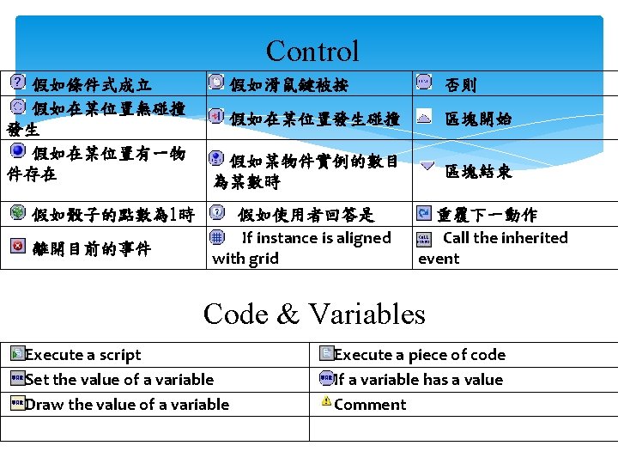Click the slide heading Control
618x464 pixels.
coord(312,52)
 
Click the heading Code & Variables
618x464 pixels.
coord(314,314)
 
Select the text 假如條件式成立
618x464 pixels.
coord(92,85)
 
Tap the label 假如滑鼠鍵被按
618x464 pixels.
coord(288,85)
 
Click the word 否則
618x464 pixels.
coord(461,85)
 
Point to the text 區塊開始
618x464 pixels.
coord(478,119)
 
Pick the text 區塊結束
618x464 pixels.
coord(478,172)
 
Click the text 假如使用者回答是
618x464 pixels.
coord(306,215)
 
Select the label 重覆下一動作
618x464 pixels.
coord(487,215)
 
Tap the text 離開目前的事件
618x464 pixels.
coord(92,249)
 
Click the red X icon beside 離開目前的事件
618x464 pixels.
coord(18,247)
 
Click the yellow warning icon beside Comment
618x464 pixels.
coord(326,401)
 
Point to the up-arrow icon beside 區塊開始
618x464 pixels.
coord(424,119)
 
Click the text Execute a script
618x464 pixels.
coord(83,355)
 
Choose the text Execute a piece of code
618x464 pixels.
coord(419,355)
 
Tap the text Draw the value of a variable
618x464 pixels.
coord(127,405)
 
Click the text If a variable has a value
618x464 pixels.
coord(418,380)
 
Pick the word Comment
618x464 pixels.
coord(370,405)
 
